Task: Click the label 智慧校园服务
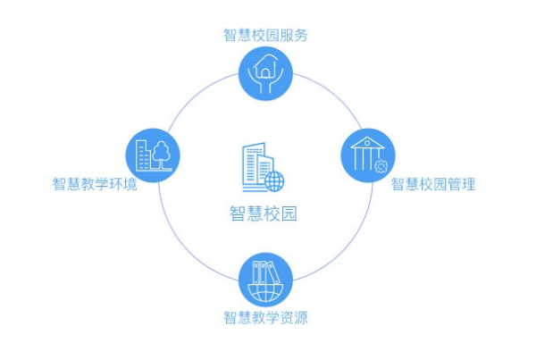point(265,35)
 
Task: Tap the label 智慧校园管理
point(433,184)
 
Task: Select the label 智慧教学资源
point(265,317)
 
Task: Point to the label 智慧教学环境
point(95,184)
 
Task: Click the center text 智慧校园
point(264,213)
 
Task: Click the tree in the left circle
point(162,155)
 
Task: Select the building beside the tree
point(143,155)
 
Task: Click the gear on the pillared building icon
point(381,166)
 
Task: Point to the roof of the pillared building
point(367,142)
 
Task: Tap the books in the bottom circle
point(264,272)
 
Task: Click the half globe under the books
point(265,293)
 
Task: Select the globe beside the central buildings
point(274,181)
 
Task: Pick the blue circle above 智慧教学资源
point(265,280)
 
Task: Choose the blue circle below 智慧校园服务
point(265,73)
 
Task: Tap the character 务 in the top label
point(301,35)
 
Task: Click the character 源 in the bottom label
point(301,317)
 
